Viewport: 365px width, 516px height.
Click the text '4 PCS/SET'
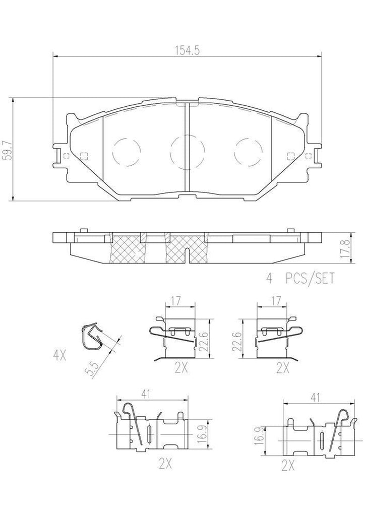(x=299, y=278)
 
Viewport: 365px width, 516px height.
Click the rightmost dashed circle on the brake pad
(x=250, y=150)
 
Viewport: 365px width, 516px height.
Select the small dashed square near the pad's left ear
(x=84, y=155)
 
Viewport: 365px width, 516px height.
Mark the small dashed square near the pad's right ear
(x=290, y=155)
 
